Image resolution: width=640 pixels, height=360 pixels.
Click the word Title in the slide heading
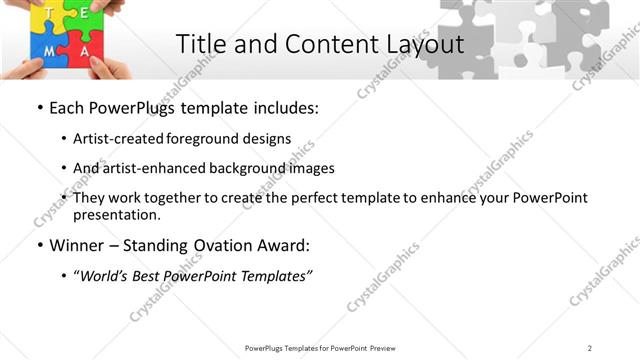point(200,44)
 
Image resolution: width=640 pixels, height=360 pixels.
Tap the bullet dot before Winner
point(39,246)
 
